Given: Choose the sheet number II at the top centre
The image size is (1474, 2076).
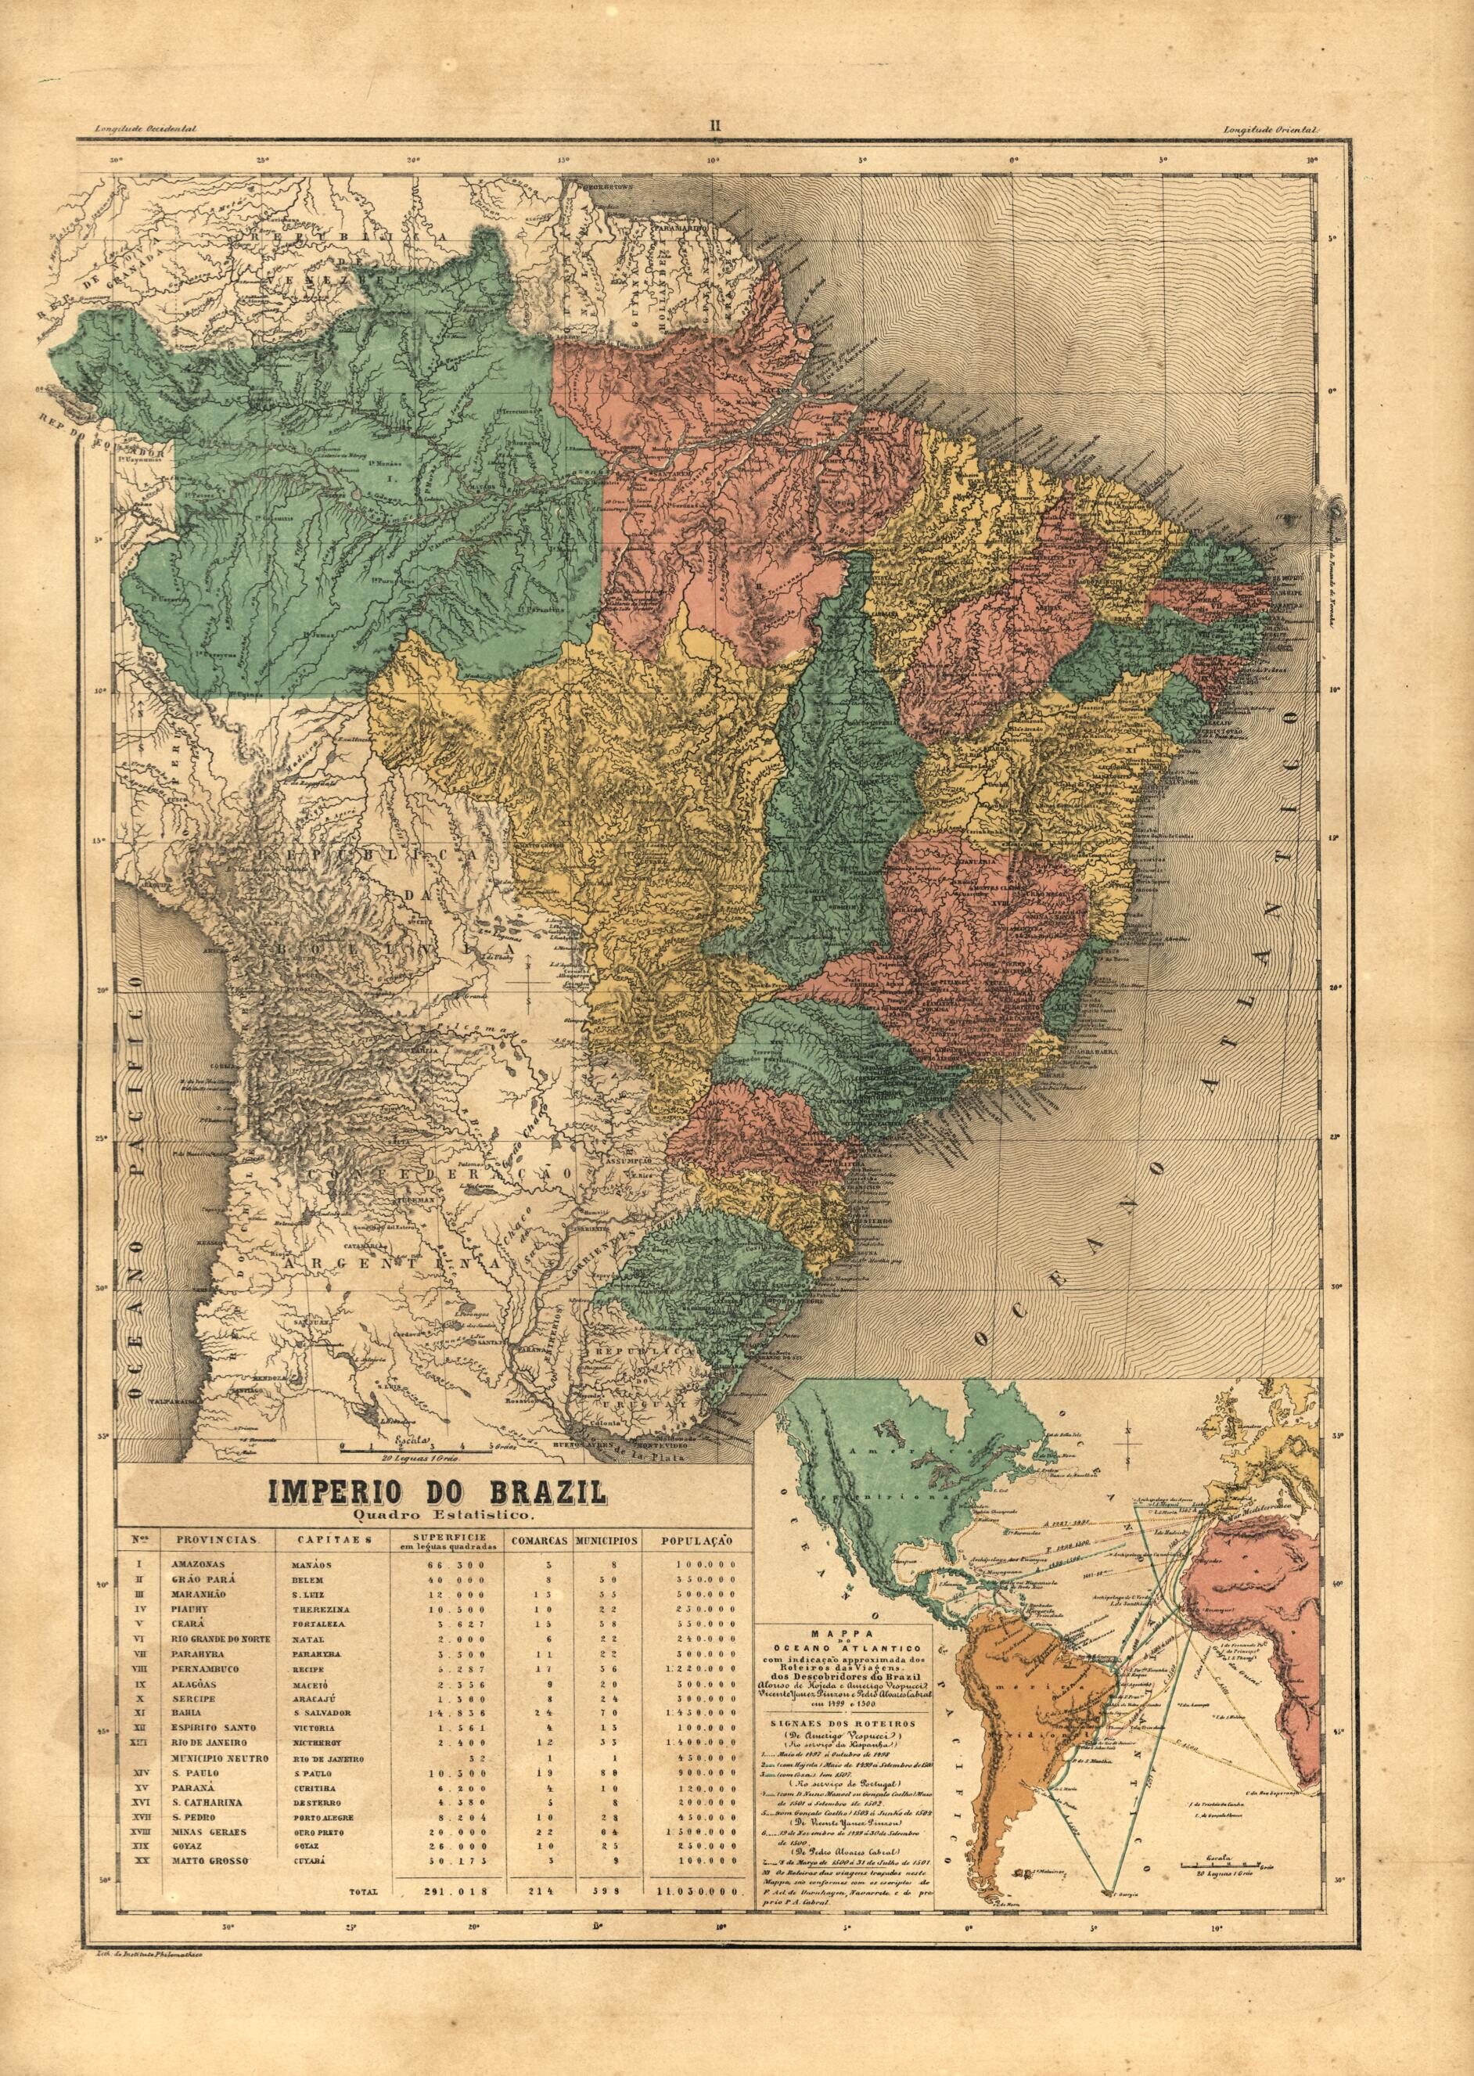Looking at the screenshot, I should (x=714, y=127).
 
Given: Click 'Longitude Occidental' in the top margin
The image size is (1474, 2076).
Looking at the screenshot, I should (x=138, y=130).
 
